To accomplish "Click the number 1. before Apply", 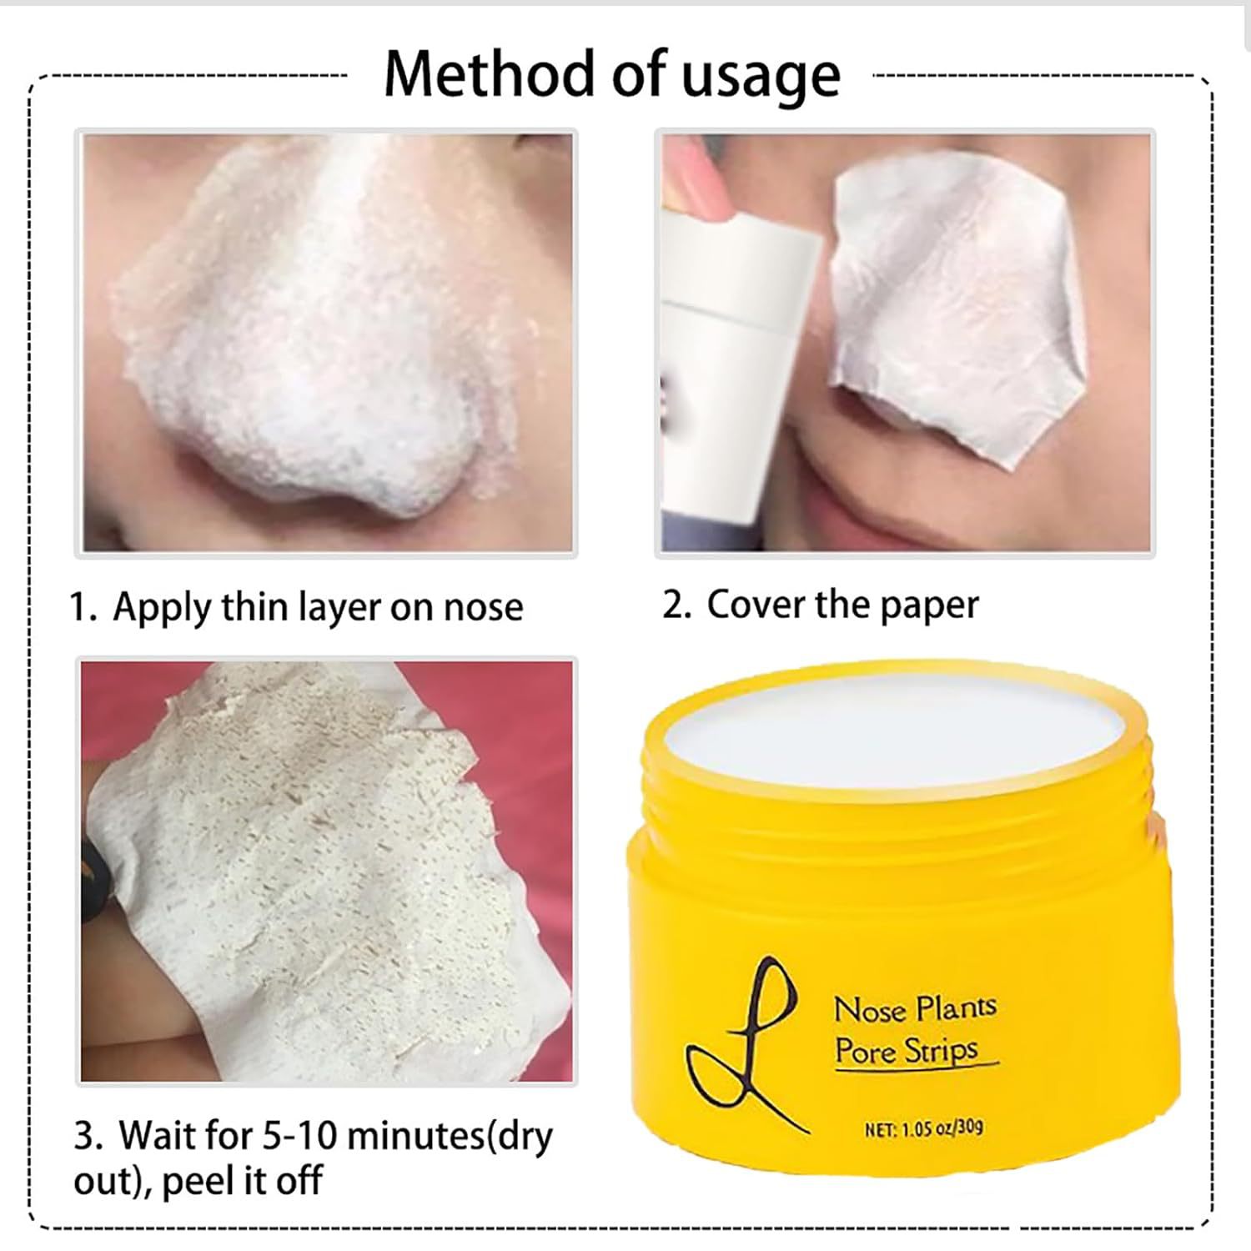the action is pos(84,608).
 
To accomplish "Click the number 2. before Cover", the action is pos(677,605).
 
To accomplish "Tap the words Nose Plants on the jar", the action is pos(915,1008).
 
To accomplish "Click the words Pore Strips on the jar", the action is pos(907,1051).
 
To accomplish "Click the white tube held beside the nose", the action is pos(737,375).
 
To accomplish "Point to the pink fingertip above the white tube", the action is pos(699,179).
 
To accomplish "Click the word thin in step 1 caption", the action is pos(249,606).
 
